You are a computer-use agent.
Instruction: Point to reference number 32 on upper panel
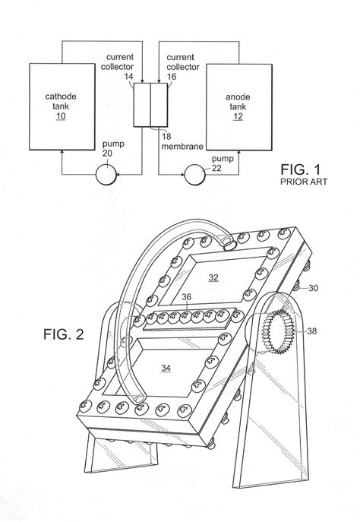click(213, 278)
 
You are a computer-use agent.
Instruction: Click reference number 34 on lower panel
click(166, 367)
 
